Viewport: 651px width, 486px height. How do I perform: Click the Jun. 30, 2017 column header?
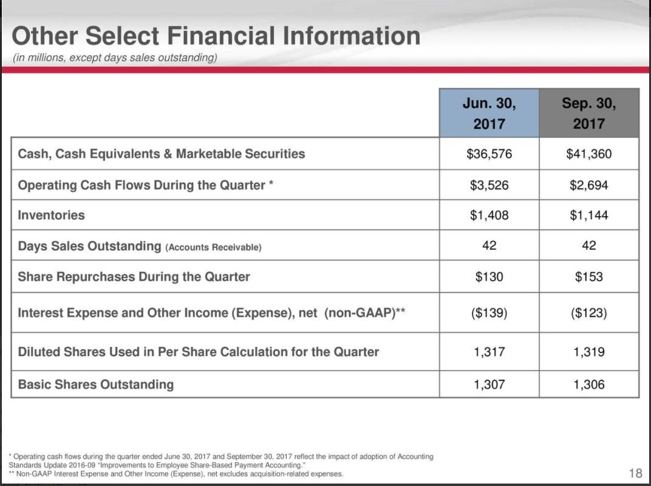489,113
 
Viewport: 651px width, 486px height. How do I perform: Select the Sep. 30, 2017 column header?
588,113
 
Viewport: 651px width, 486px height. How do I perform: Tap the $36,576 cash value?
489,154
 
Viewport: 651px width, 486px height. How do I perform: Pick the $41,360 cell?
588,154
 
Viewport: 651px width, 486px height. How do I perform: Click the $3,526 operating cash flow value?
489,185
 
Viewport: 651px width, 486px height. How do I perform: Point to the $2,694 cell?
588,185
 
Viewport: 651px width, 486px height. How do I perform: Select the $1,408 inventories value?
489,215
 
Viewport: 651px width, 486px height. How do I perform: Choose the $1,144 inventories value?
588,215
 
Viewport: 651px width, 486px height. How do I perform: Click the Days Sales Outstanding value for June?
489,245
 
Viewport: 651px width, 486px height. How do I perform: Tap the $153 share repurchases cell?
588,276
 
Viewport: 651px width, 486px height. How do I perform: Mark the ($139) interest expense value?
489,313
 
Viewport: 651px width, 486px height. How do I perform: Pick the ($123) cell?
588,313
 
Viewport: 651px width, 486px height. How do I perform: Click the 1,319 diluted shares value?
588,352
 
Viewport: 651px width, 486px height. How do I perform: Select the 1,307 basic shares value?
489,384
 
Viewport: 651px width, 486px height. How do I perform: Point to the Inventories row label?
52,215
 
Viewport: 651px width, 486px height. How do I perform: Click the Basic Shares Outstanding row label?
96,384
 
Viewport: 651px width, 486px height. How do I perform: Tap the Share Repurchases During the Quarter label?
134,276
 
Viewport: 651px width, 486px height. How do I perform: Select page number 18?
635,473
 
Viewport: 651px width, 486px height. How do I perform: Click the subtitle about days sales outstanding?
115,58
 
